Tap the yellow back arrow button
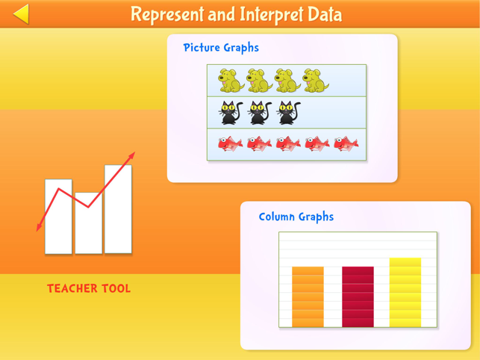(21, 14)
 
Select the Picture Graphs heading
(221, 48)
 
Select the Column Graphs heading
(296, 217)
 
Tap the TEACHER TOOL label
(89, 288)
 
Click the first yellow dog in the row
(231, 81)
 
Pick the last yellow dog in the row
(316, 81)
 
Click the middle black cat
(259, 113)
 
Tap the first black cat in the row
(231, 113)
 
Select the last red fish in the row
(345, 143)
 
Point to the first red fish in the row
(231, 143)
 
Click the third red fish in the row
(288, 143)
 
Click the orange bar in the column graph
(308, 297)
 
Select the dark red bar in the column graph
(358, 297)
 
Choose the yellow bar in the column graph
(405, 292)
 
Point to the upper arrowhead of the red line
(131, 157)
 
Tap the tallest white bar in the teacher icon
(118, 213)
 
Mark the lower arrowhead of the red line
(40, 228)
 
